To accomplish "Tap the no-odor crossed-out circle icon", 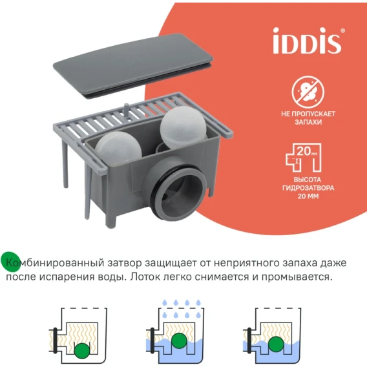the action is tap(308, 92).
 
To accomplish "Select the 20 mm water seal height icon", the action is tap(304, 158).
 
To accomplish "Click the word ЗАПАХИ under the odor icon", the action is tap(308, 122).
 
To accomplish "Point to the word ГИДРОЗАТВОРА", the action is tap(308, 188).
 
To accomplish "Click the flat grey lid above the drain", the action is tap(133, 65).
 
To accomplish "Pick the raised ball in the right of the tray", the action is tap(183, 127).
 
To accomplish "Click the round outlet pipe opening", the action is tap(179, 193).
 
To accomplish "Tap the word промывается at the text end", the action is tap(297, 277).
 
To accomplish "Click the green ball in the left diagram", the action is tap(82, 351).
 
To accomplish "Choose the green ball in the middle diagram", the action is tap(179, 341).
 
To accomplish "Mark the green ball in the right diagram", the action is tap(276, 344).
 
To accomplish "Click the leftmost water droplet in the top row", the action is tap(165, 302).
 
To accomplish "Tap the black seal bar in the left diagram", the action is tap(55, 341).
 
